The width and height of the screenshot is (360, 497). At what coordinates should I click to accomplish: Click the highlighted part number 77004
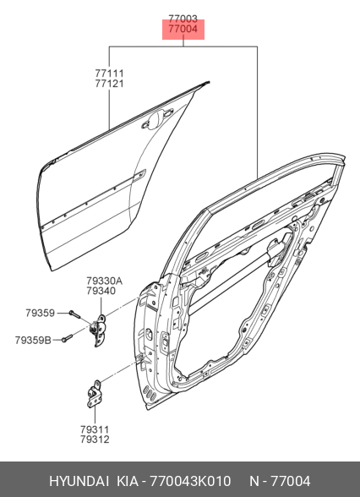tap(183, 29)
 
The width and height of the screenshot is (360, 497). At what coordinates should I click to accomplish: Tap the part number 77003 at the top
tap(183, 19)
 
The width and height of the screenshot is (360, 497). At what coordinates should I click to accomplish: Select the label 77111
tap(109, 74)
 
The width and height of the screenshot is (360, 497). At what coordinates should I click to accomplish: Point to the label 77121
tap(109, 84)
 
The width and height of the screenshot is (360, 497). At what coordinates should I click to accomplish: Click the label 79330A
tap(104, 281)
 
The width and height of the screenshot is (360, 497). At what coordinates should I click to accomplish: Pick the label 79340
tap(101, 291)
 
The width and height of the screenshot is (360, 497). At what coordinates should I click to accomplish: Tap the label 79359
tap(41, 313)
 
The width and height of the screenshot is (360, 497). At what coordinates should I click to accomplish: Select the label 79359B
tap(33, 341)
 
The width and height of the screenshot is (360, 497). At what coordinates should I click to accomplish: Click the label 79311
tap(95, 429)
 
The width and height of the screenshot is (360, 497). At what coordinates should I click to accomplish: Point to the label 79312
tap(95, 440)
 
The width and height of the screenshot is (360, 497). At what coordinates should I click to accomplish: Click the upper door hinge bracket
tap(99, 330)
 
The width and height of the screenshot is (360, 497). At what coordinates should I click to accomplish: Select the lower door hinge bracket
tap(94, 394)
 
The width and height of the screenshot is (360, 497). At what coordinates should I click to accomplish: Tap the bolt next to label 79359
tap(74, 314)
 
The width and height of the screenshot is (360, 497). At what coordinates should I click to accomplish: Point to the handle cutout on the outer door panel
tap(157, 118)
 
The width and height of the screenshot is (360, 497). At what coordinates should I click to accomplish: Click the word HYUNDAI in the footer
tap(79, 481)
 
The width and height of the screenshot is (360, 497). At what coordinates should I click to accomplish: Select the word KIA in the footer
tap(128, 481)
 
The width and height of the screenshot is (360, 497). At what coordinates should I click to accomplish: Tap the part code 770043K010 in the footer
tap(190, 481)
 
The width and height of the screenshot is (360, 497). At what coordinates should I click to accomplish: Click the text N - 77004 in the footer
tap(280, 481)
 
